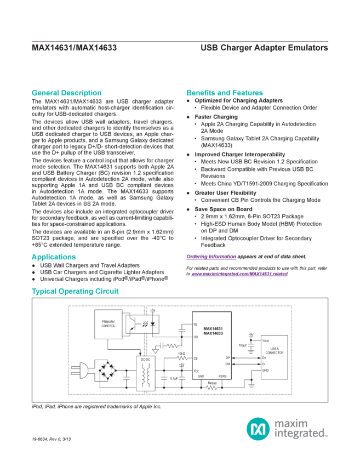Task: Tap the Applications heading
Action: tap(53, 257)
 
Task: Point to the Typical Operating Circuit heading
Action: tap(75, 292)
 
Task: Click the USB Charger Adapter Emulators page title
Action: tap(263, 48)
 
